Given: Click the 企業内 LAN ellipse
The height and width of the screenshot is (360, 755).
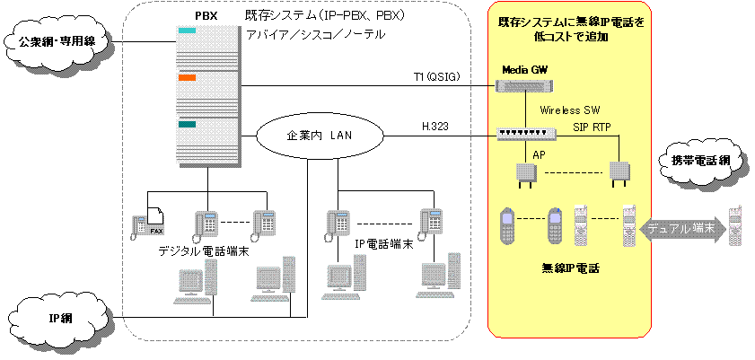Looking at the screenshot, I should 320,136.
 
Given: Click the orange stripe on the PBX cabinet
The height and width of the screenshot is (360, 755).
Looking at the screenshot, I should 187,78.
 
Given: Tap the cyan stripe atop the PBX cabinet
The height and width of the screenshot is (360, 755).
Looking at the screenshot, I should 187,31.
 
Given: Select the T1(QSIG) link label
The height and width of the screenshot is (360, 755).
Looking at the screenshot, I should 436,77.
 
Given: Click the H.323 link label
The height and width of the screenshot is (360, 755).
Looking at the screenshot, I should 436,127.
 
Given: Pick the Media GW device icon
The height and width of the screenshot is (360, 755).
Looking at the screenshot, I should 524,86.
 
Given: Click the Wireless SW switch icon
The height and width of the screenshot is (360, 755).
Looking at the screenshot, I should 526,134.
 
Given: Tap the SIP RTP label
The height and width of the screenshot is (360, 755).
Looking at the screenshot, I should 592,128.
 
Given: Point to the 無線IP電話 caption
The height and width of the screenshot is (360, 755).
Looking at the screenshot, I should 569,268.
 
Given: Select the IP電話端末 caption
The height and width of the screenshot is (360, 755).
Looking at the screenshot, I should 382,243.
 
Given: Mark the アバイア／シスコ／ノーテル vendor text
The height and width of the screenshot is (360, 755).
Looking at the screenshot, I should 316,34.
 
